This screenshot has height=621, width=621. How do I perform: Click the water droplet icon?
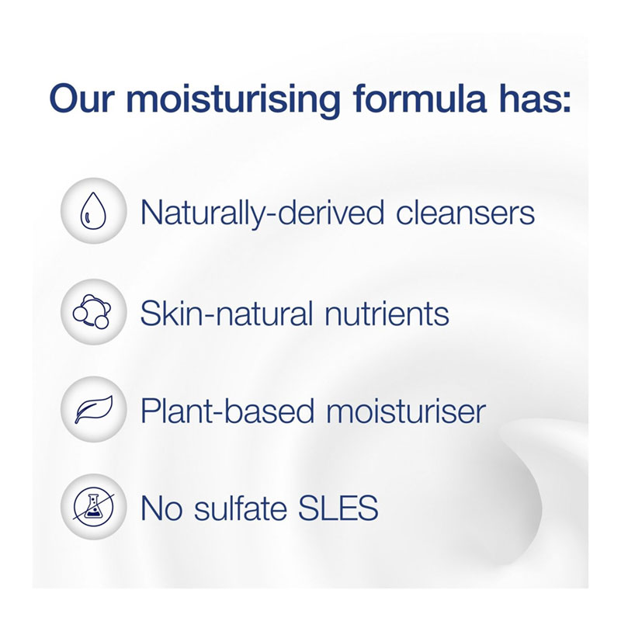pyautogui.click(x=93, y=210)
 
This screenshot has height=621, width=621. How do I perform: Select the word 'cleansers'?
pyautogui.click(x=465, y=213)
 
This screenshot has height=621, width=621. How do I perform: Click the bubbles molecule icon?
pyautogui.click(x=92, y=312)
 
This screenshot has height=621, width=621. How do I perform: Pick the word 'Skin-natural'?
pyautogui.click(x=227, y=314)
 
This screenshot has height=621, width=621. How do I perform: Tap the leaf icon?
pyautogui.click(x=94, y=410)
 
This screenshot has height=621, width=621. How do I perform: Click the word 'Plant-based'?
pyautogui.click(x=227, y=411)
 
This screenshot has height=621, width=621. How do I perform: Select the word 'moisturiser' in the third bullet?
pyautogui.click(x=406, y=411)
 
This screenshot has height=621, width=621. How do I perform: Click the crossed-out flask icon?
pyautogui.click(x=93, y=507)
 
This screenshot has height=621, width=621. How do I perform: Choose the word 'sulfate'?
pyautogui.click(x=241, y=508)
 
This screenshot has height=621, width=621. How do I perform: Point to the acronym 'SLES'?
pyautogui.click(x=338, y=508)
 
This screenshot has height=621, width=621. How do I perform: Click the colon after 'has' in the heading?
pyautogui.click(x=567, y=102)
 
